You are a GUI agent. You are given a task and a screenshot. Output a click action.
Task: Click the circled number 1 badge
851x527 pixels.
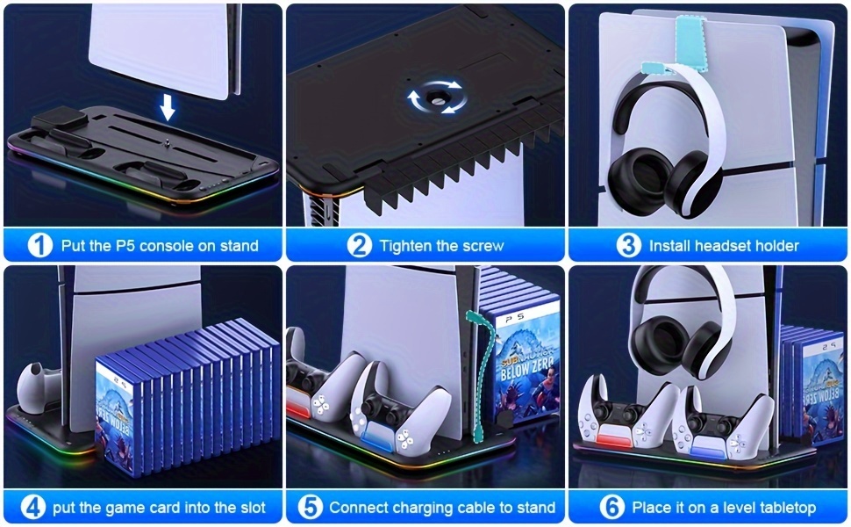coord(40,246)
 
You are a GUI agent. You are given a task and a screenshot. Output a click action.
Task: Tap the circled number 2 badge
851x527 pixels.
coord(360,246)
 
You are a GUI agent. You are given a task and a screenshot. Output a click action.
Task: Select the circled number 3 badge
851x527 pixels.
coord(628,246)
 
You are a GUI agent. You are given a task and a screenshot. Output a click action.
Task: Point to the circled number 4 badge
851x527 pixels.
coord(33,508)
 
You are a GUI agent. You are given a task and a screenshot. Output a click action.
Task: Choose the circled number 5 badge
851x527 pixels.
coord(311,508)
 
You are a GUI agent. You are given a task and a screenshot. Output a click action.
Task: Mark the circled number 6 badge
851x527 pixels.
coord(612,508)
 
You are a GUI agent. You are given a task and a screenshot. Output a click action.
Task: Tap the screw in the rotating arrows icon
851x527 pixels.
coord(436,97)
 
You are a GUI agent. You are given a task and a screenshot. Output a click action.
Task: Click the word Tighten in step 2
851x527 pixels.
coord(404,247)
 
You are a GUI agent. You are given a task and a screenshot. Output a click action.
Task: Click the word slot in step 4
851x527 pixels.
coord(250,508)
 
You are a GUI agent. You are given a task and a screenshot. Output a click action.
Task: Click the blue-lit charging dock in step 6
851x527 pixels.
coord(708,449)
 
